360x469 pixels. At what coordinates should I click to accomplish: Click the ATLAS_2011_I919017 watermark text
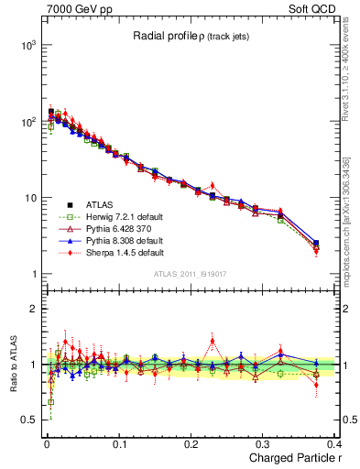click(192, 273)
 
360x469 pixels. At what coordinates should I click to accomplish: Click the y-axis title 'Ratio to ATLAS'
click(14, 365)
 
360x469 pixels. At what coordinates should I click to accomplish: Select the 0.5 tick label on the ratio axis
click(29, 420)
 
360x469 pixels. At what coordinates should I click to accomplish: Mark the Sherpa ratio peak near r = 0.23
click(213, 341)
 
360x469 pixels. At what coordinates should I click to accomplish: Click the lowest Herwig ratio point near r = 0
click(50, 401)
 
